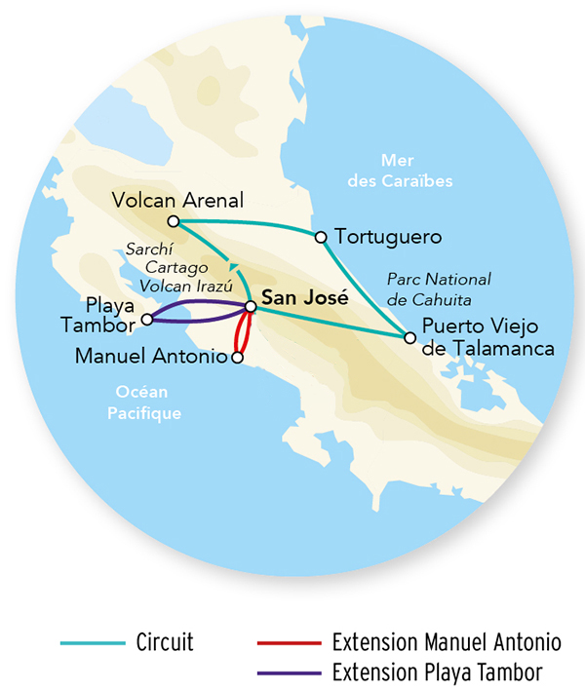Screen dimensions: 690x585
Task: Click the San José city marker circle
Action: pos(251,307)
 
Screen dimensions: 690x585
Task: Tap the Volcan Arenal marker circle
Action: pos(172,221)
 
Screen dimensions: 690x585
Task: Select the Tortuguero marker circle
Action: pos(320,237)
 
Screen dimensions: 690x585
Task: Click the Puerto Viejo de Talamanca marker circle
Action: pos(409,338)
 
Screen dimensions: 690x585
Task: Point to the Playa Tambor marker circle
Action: pos(146,319)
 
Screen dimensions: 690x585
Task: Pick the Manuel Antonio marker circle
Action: pos(236,359)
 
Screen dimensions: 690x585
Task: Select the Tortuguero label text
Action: pos(387,237)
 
